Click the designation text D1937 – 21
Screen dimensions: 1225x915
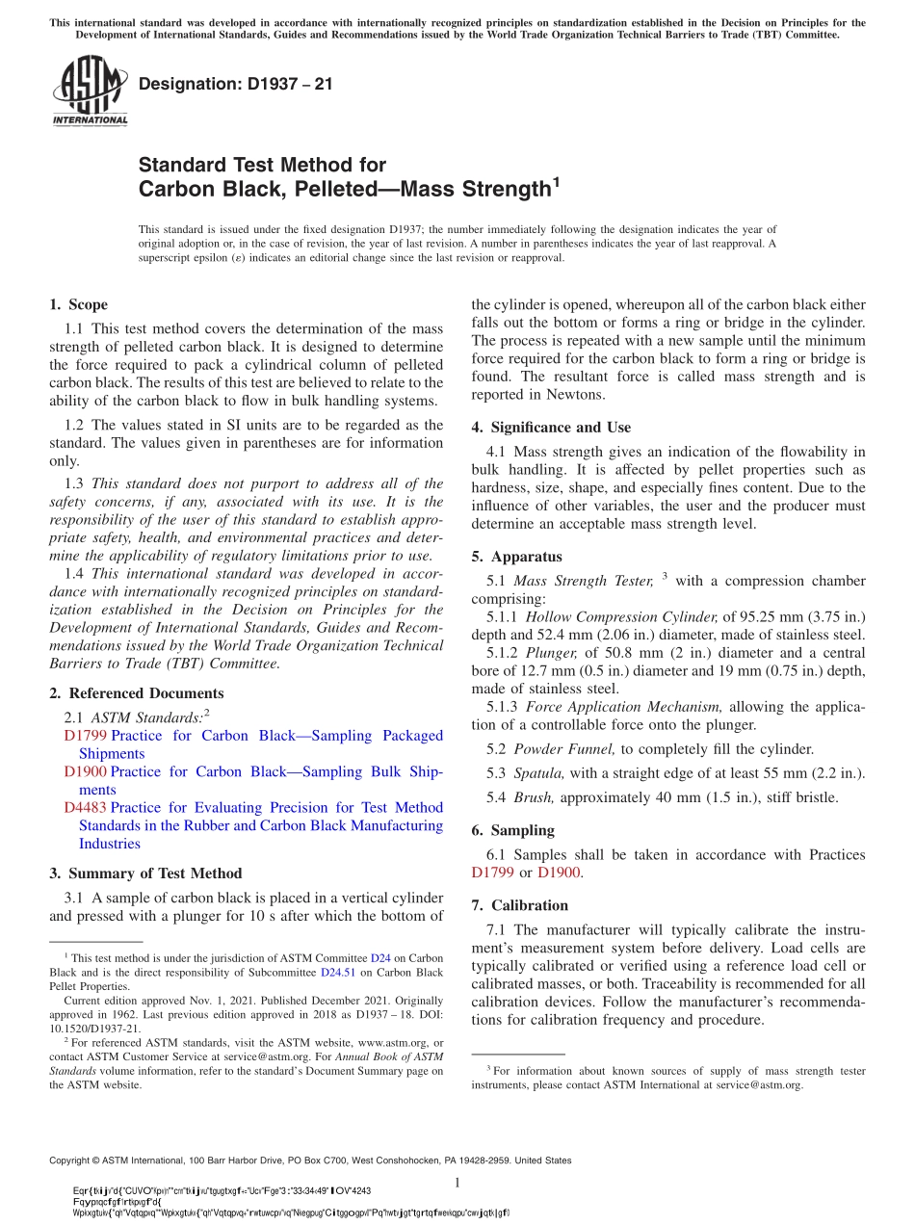[236, 84]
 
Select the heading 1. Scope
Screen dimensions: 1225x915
[78, 305]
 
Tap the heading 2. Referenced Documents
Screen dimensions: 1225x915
[136, 693]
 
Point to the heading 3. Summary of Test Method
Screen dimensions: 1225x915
[145, 873]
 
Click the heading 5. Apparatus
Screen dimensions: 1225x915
[516, 557]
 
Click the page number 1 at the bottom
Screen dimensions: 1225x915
[457, 1183]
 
